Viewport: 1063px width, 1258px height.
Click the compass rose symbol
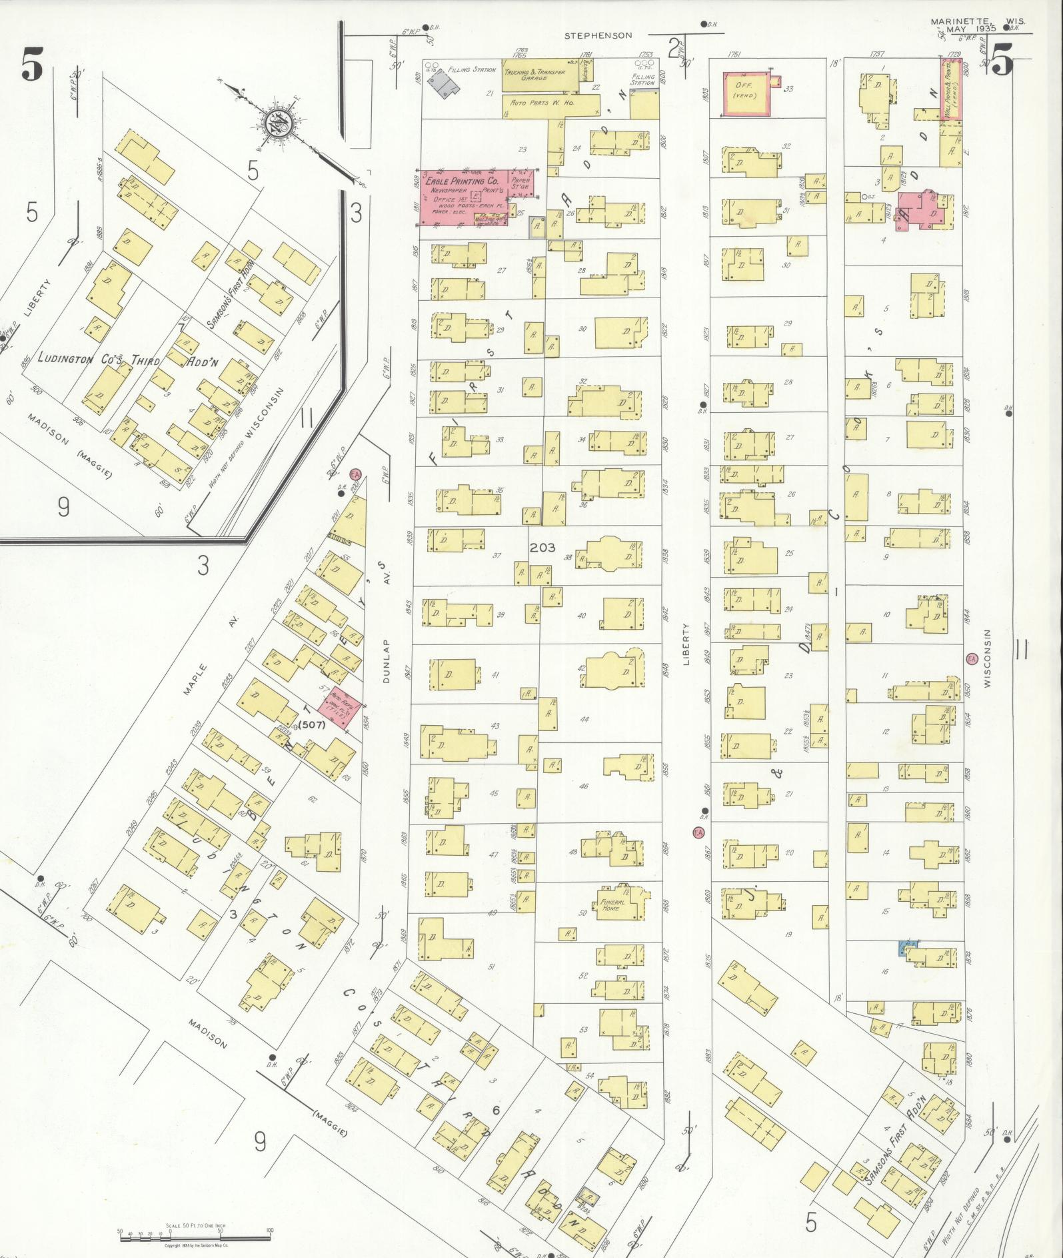[275, 123]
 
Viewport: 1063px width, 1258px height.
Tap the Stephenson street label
[598, 35]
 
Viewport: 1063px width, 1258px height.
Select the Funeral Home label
[612, 904]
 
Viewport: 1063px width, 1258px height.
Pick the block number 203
[542, 548]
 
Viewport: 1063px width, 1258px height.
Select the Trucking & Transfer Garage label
[534, 75]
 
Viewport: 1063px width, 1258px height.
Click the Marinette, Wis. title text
[978, 21]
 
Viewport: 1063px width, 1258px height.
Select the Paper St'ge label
[520, 183]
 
